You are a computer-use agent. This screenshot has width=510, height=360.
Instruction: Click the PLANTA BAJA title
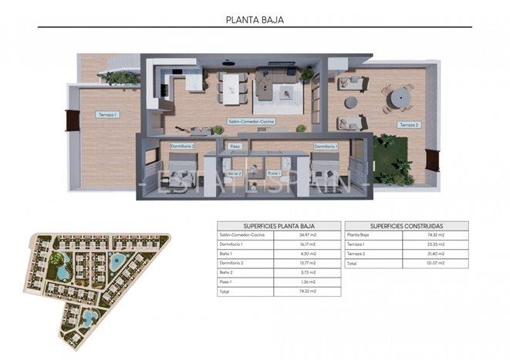(255, 20)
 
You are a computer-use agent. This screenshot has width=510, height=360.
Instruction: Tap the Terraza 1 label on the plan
(106, 115)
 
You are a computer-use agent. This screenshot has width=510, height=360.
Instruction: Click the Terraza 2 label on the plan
(408, 124)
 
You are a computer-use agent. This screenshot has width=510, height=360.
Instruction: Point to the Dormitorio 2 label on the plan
(183, 146)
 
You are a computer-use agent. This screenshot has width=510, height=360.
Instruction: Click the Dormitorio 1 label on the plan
(325, 146)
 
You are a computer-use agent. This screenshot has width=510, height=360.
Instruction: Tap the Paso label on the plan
(235, 146)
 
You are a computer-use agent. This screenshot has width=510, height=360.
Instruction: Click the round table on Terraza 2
(397, 99)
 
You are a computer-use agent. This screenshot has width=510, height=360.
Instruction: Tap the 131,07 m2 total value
(436, 264)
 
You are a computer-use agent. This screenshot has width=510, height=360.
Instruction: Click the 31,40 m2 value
(436, 254)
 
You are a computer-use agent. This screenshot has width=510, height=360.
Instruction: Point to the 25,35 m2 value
(436, 244)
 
